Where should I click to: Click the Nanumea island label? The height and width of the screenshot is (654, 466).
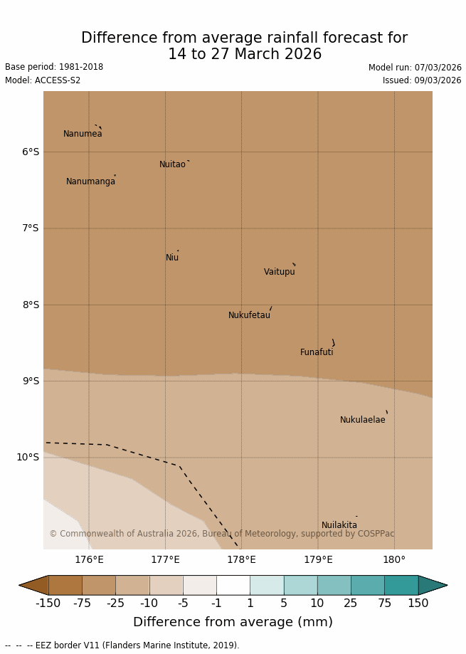tap(83, 134)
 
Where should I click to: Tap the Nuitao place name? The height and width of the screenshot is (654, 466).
tap(172, 164)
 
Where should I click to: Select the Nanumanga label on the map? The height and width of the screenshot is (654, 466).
tap(90, 181)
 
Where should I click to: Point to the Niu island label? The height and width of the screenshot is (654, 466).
tap(172, 258)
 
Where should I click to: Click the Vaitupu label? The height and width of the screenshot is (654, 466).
tap(279, 272)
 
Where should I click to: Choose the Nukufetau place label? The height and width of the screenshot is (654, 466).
tap(249, 315)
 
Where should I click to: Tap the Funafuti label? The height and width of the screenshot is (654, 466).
tap(317, 352)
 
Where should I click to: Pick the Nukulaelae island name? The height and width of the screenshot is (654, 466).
tap(362, 420)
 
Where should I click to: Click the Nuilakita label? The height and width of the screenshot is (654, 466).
tap(339, 525)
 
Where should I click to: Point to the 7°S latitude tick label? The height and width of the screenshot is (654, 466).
tap(30, 228)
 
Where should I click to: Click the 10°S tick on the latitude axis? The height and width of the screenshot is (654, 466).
tap(28, 458)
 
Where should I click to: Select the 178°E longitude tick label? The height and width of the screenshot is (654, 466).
tap(241, 560)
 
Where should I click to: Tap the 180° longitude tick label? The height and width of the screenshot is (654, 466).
tap(394, 560)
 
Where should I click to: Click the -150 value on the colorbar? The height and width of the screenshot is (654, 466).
tap(48, 603)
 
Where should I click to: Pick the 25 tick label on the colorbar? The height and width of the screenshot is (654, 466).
tap(351, 603)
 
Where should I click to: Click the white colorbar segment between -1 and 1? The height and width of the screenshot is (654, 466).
tap(233, 585)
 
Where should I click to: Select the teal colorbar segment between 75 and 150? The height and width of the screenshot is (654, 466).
tap(401, 585)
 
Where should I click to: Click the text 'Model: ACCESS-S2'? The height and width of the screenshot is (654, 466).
tap(43, 80)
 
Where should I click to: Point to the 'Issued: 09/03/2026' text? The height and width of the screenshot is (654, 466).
tap(422, 80)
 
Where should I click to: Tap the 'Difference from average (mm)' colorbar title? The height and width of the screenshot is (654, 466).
tap(233, 622)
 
